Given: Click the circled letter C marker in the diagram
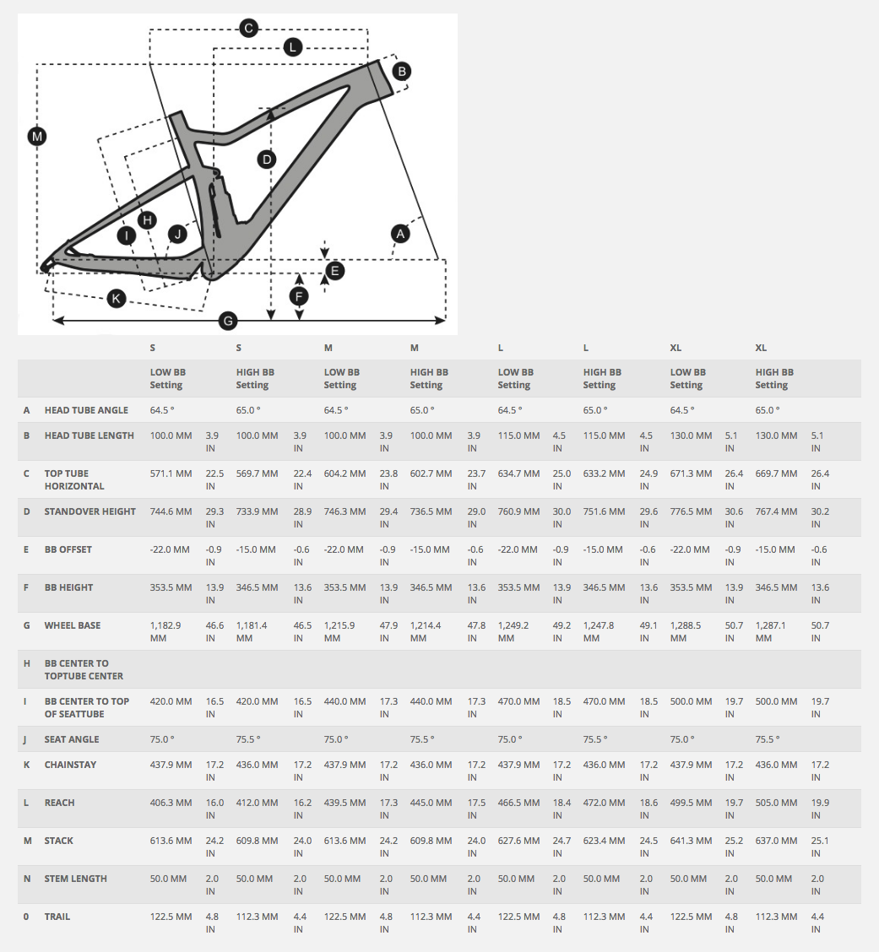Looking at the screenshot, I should pos(248,29).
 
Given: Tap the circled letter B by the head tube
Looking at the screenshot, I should pos(403,71).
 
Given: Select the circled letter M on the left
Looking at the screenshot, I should pos(36,135).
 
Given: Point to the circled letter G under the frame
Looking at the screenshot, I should pos(227,321).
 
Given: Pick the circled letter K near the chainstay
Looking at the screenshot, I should pos(117,297).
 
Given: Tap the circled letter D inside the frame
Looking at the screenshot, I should pos(267,159).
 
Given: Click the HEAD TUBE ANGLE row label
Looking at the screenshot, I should pos(86,410).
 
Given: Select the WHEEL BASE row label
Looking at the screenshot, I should pos(73,625).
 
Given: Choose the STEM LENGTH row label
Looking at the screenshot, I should pos(76,879).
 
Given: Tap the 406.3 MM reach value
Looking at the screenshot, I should pos(171,803).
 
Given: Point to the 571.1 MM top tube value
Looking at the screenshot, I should pos(171,473).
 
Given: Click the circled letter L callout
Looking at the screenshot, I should pos(292,47).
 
